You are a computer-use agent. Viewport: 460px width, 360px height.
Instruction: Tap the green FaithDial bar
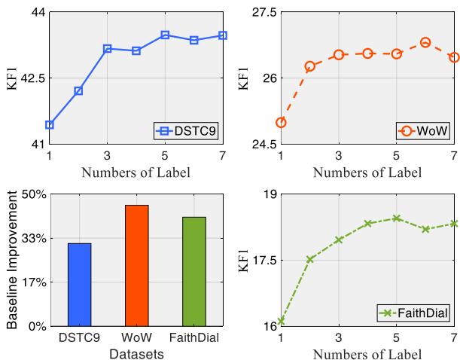[x=193, y=272]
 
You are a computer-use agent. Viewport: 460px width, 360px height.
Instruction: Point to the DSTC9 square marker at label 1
[x=50, y=124]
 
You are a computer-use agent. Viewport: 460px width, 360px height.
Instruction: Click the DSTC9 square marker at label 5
[x=165, y=35]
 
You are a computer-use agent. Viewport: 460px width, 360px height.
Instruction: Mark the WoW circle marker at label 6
[x=425, y=43]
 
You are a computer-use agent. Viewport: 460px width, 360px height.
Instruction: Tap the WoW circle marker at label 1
[x=281, y=122]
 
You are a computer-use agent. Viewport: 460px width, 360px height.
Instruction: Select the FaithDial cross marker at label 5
[x=396, y=218]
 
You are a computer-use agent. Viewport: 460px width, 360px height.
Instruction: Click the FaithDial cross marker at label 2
[x=309, y=259]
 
